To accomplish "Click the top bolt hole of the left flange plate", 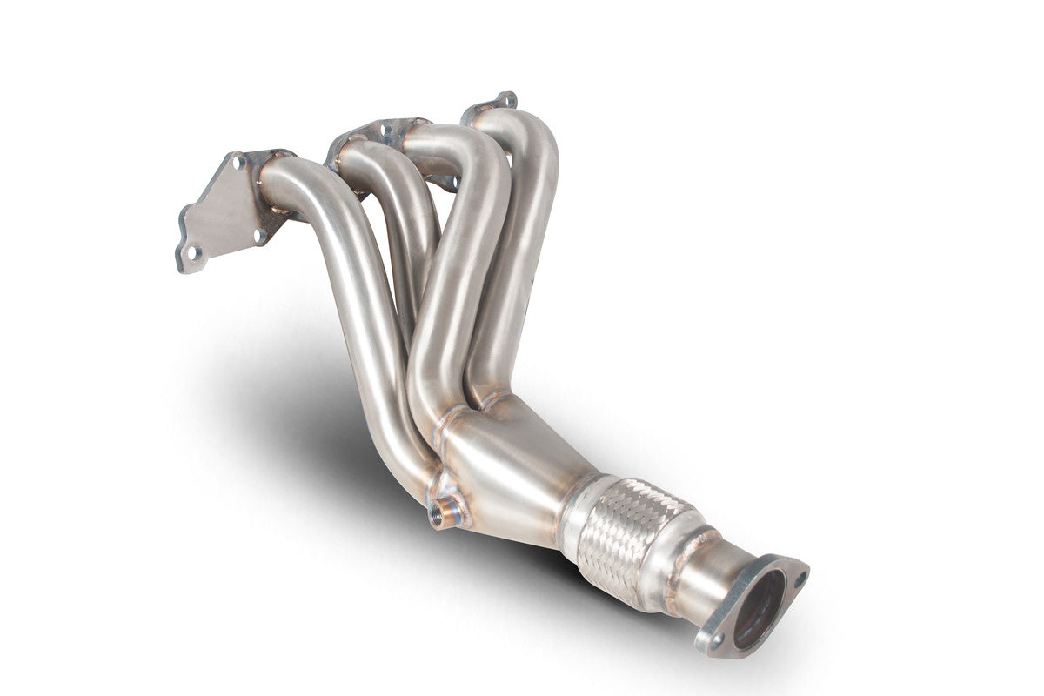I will (x=236, y=162).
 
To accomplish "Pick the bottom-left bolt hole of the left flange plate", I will (x=191, y=252).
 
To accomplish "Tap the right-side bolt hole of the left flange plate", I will (x=259, y=233).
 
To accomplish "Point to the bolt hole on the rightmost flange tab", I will (x=504, y=99).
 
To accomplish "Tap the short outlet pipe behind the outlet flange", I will (x=705, y=579).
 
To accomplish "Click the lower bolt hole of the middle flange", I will (x=452, y=183).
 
